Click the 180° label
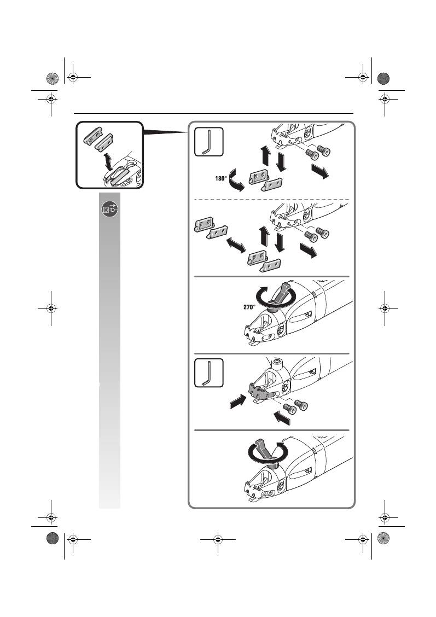click(x=221, y=179)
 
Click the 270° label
click(x=249, y=307)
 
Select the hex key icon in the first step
click(x=208, y=142)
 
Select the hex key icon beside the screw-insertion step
click(x=208, y=372)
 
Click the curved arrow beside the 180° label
click(x=236, y=180)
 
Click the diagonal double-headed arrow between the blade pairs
click(x=236, y=245)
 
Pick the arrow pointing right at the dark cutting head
click(x=237, y=401)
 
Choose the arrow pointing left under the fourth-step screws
click(x=282, y=418)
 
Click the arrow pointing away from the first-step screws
click(x=320, y=172)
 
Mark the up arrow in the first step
click(x=266, y=155)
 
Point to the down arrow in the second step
click(x=280, y=242)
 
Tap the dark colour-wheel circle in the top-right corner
click(x=383, y=79)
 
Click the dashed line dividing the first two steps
click(x=271, y=200)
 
